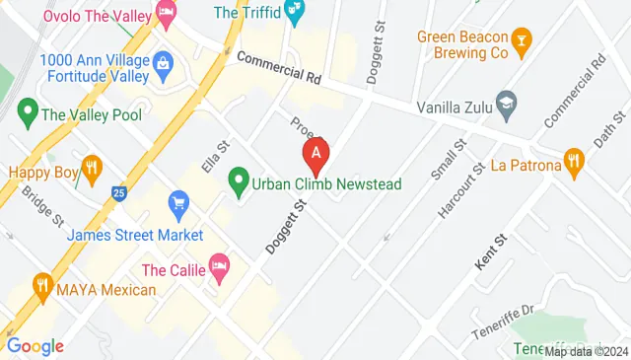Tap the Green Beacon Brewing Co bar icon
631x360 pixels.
(524, 40)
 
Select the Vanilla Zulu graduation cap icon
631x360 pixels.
(507, 102)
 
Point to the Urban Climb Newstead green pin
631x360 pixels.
(238, 181)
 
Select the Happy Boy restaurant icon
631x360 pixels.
(92, 167)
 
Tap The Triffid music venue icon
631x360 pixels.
(293, 13)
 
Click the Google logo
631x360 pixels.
(35, 345)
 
